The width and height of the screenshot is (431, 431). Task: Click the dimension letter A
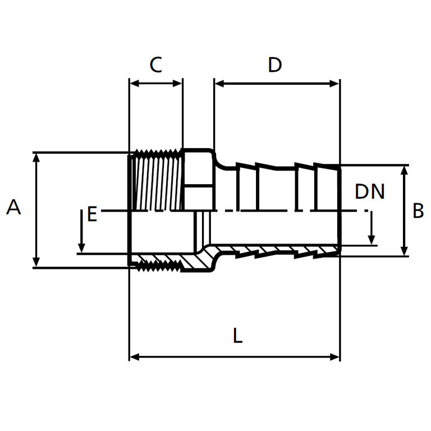pyautogui.click(x=13, y=208)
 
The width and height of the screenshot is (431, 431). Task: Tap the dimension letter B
pyautogui.click(x=418, y=211)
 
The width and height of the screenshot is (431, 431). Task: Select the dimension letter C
pyautogui.click(x=155, y=65)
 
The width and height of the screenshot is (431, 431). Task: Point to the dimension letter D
pyautogui.click(x=274, y=65)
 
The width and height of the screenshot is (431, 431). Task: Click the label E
pyautogui.click(x=92, y=214)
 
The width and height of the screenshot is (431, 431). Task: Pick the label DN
pyautogui.click(x=370, y=192)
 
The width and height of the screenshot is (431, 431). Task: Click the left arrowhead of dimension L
pyautogui.click(x=134, y=356)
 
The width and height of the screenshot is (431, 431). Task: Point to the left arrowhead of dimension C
pyautogui.click(x=134, y=83)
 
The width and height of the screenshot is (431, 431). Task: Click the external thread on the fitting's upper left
pyautogui.click(x=156, y=180)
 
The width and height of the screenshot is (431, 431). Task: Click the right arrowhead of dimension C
pyautogui.click(x=178, y=83)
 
